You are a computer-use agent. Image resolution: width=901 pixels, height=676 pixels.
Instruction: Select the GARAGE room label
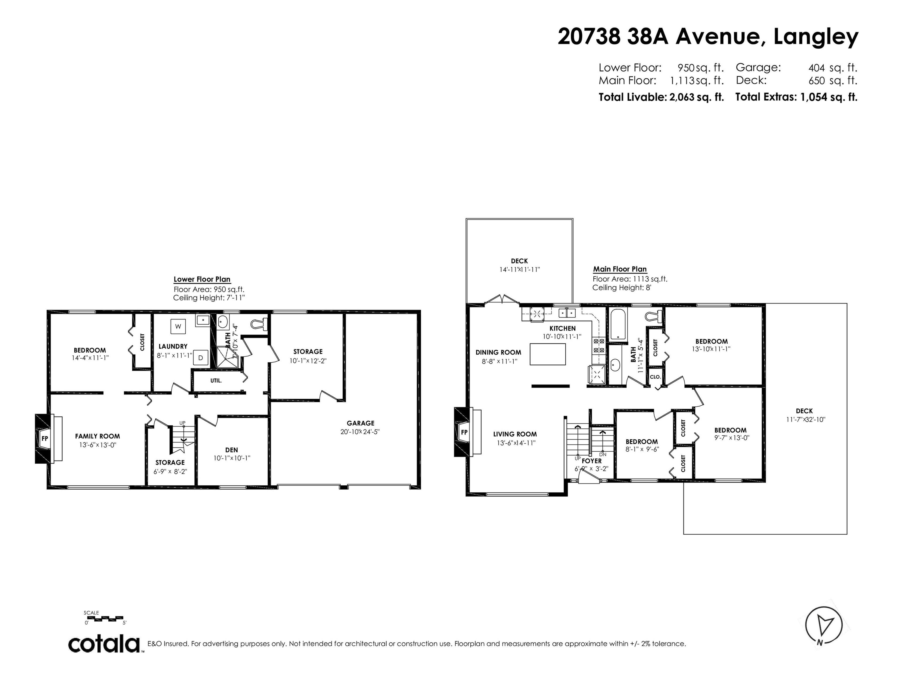coord(360,423)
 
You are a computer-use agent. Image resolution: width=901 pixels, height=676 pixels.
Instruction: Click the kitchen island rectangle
coord(547,354)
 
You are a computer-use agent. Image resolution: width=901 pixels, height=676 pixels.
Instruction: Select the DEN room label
coord(231,450)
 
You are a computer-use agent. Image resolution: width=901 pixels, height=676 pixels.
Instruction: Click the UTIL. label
coord(216,380)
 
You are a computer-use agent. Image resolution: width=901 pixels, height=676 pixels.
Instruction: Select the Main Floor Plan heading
coord(619,269)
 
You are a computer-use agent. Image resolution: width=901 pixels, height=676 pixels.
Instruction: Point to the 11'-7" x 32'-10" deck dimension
coord(804,419)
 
